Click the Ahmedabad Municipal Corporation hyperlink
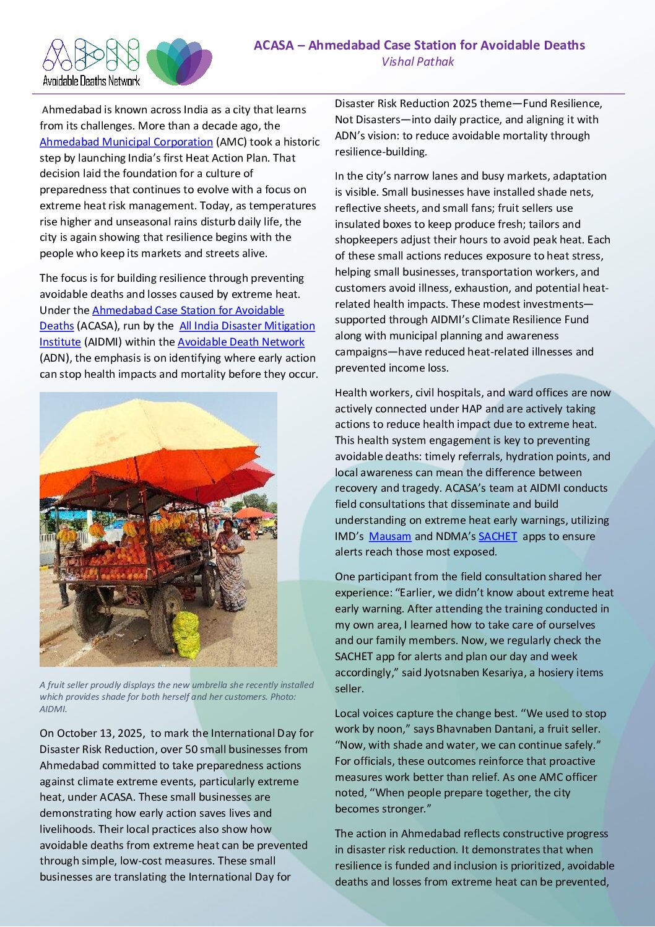click(x=126, y=142)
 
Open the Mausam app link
click(x=389, y=536)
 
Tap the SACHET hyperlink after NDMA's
click(x=497, y=536)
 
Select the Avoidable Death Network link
click(x=241, y=342)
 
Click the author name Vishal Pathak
click(x=418, y=62)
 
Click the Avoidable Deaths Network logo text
click(x=91, y=81)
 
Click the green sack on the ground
click(x=185, y=635)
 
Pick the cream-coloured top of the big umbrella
click(x=142, y=427)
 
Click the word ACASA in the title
click(x=274, y=45)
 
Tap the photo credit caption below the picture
click(x=176, y=697)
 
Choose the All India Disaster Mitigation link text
click(x=247, y=326)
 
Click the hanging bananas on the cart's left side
click(x=67, y=534)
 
